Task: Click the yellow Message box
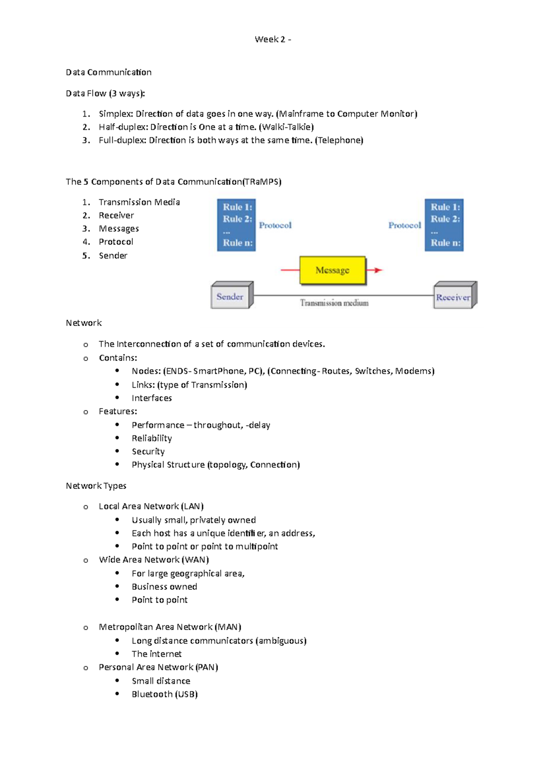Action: pos(332,270)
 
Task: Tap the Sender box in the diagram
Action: pos(230,297)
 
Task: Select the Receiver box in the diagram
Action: pos(453,297)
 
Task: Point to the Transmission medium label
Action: pos(334,303)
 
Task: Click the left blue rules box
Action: pos(236,225)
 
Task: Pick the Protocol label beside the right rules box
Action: pos(404,225)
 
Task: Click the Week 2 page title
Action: pos(272,39)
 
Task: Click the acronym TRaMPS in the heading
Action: pos(262,182)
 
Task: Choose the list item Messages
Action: pos(119,228)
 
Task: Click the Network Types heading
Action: pos(96,485)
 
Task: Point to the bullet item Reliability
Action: pos(152,438)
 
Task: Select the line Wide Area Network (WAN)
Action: pos(154,559)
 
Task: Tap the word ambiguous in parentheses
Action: pos(281,641)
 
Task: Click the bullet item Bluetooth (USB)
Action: pos(164,694)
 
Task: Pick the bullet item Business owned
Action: pos(164,586)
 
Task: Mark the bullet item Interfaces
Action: pos(152,398)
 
